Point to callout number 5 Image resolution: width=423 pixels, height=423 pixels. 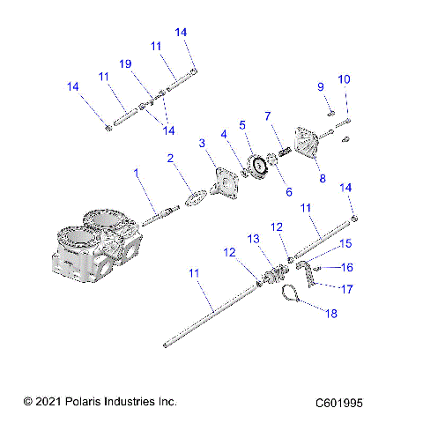point(241,124)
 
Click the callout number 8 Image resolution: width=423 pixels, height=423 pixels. point(322,178)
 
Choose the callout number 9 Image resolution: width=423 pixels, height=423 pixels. point(321,86)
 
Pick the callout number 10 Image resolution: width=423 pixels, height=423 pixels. point(344,80)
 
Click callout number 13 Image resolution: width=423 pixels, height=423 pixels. point(253,239)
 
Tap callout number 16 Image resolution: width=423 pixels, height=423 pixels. point(346,267)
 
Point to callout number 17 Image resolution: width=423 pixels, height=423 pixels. point(345,288)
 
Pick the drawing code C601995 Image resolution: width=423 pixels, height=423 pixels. point(339,402)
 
